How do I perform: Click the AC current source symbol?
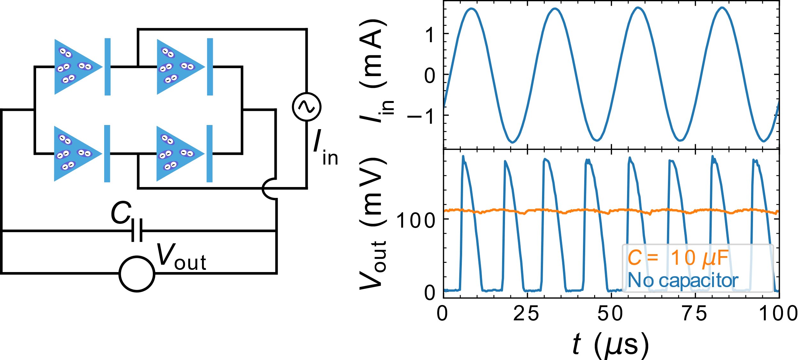tap(306, 107)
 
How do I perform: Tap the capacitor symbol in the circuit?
tap(137, 230)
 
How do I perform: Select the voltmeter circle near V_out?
tap(137, 274)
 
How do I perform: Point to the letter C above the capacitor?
tap(121, 213)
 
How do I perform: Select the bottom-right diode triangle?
tap(178, 154)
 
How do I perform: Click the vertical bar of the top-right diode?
tap(210, 67)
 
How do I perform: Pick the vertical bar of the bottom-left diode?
tap(107, 154)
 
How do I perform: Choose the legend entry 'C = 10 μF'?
tap(678, 258)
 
